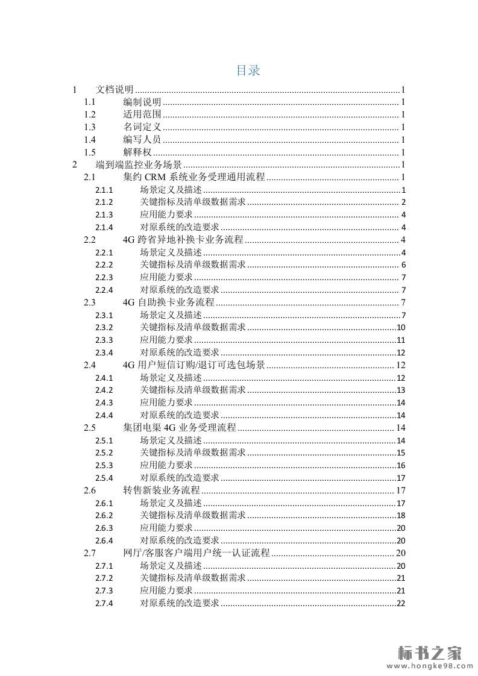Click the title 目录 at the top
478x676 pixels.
[x=248, y=70]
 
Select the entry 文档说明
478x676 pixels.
[x=115, y=90]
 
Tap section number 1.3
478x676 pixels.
[x=90, y=127]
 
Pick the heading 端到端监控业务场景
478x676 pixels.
[x=139, y=164]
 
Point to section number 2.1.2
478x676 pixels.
[x=104, y=202]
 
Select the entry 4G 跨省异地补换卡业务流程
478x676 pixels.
[x=183, y=240]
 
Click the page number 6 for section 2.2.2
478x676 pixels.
[x=403, y=264]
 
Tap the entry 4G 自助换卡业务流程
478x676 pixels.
[x=168, y=302]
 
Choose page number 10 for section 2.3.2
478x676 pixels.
[x=401, y=327]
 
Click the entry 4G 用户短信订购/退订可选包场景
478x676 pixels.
[x=193, y=365]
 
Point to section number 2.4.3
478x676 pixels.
[x=104, y=402]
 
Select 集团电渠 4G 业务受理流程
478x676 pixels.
[x=179, y=428]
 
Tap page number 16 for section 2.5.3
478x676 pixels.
[x=401, y=465]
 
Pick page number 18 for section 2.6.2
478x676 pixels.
[x=401, y=515]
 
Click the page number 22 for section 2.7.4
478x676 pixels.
[x=401, y=603]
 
